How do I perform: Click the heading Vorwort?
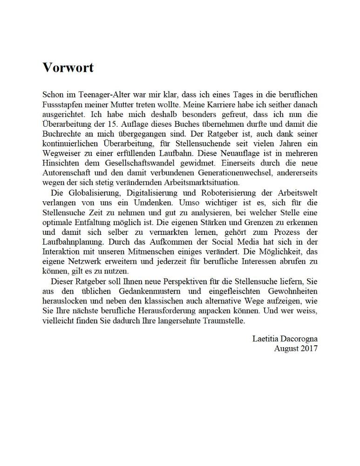[68, 68]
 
